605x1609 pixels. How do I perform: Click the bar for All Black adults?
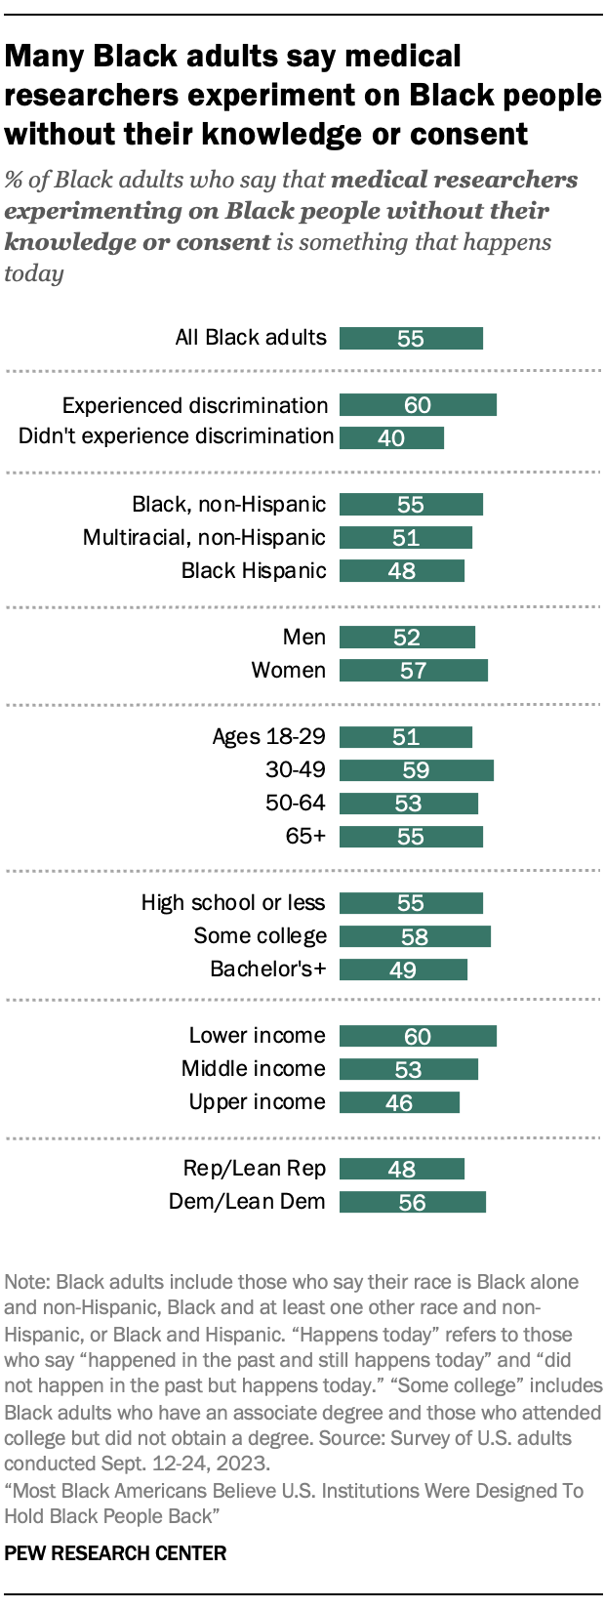point(411,338)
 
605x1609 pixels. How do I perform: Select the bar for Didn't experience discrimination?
point(391,437)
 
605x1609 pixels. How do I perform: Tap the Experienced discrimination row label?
point(195,405)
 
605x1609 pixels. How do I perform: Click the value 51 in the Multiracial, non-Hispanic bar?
point(406,538)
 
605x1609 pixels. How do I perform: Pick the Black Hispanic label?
point(254,571)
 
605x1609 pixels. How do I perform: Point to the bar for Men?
point(407,638)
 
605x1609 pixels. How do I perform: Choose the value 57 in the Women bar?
point(414,671)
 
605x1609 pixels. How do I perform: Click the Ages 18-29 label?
point(268,736)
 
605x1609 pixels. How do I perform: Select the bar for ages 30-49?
point(416,770)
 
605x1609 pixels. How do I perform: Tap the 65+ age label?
point(305,837)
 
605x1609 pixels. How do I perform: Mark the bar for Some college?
point(415,936)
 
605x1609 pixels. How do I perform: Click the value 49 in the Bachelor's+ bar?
point(403,970)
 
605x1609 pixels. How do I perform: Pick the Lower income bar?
point(418,1036)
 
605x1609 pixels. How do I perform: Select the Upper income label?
point(257,1102)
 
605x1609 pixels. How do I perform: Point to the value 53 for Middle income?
point(408,1070)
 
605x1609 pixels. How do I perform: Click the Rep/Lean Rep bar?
point(402,1169)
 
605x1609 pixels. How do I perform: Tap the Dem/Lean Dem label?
point(247,1202)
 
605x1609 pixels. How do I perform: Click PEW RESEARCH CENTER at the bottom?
point(115,1553)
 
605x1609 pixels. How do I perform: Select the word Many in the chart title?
point(45,57)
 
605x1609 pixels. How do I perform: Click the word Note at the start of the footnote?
point(27,1282)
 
